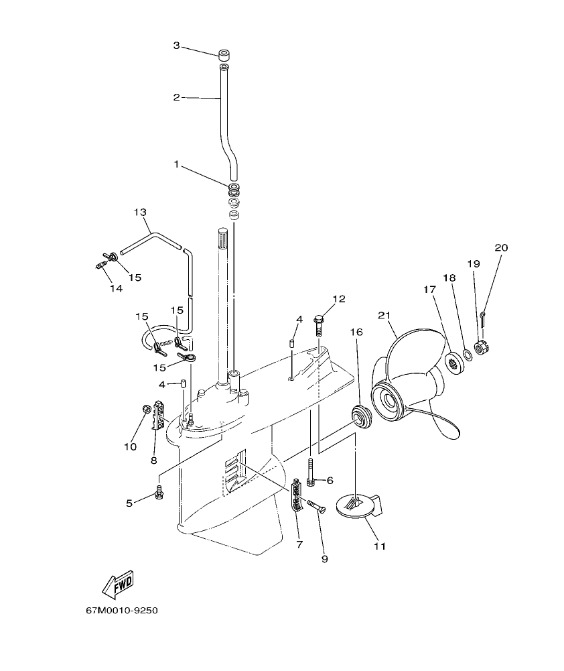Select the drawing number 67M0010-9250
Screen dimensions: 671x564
pyautogui.click(x=122, y=611)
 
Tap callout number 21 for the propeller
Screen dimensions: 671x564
pyautogui.click(x=383, y=315)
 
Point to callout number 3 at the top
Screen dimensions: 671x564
pyautogui.click(x=177, y=46)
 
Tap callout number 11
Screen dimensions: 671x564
pyautogui.click(x=379, y=546)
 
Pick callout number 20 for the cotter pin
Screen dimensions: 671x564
pyautogui.click(x=501, y=247)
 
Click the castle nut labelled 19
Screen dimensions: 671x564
pyautogui.click(x=480, y=347)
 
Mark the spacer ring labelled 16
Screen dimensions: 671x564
pyautogui.click(x=362, y=416)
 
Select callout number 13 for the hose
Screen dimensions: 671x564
pyautogui.click(x=139, y=212)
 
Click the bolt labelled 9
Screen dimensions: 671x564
pyautogui.click(x=315, y=507)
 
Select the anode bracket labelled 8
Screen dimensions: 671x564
pyautogui.click(x=159, y=415)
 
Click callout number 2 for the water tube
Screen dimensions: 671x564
pyautogui.click(x=177, y=97)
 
